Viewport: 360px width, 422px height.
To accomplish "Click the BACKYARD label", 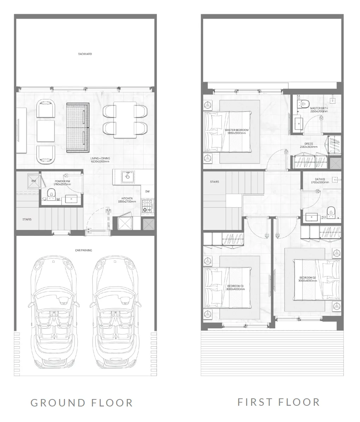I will pos(85,54).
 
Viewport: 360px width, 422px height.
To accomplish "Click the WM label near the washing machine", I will pos(34,181).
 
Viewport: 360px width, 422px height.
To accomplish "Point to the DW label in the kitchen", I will pos(147,192).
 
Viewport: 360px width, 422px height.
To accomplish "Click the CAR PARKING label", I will pos(83,250).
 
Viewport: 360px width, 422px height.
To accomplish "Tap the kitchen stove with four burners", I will pos(147,206).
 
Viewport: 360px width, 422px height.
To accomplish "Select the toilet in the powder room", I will pos(52,193).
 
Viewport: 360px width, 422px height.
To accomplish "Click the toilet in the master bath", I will pos(304,103).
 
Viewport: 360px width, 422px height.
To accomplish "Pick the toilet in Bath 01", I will pos(331,210).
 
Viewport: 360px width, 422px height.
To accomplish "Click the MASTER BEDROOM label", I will pos(236,131).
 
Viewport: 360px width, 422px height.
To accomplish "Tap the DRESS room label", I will pos(308,145).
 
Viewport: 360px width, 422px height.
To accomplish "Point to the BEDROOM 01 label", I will pos(235,287).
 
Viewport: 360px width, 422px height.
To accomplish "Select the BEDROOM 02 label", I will pos(307,279).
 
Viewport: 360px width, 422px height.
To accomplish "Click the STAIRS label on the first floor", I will pos(214,182).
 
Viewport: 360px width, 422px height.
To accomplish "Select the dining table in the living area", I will pos(125,120).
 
